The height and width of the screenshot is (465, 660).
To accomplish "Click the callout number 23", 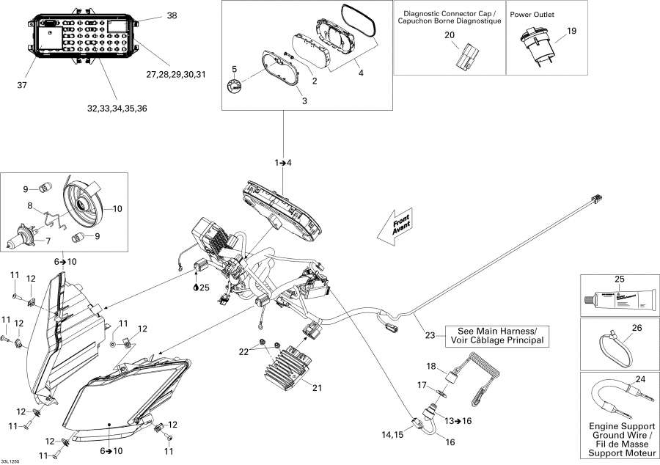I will (430, 336).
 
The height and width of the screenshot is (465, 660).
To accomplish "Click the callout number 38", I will (172, 15).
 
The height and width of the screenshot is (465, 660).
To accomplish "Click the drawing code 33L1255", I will (12, 460).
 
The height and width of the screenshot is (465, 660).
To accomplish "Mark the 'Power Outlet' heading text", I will (532, 14).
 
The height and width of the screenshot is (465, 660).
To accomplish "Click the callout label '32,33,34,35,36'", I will (117, 109).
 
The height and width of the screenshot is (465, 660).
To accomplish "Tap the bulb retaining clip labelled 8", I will (51, 217).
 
